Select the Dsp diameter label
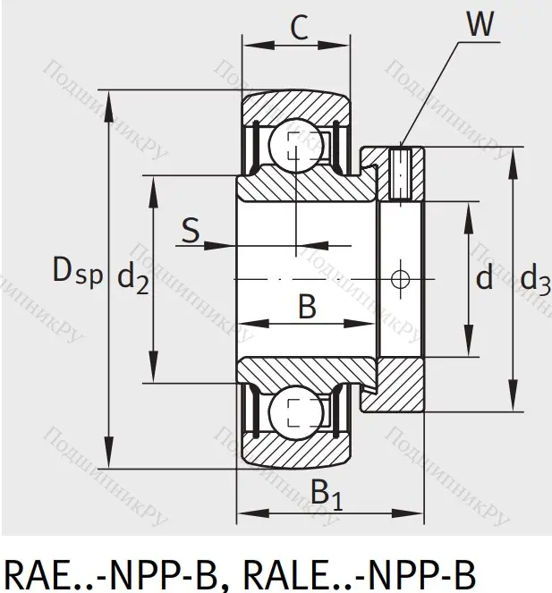[77, 270]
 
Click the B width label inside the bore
[306, 307]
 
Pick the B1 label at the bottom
[326, 494]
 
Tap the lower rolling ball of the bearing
[293, 414]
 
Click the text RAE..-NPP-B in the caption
[106, 571]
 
